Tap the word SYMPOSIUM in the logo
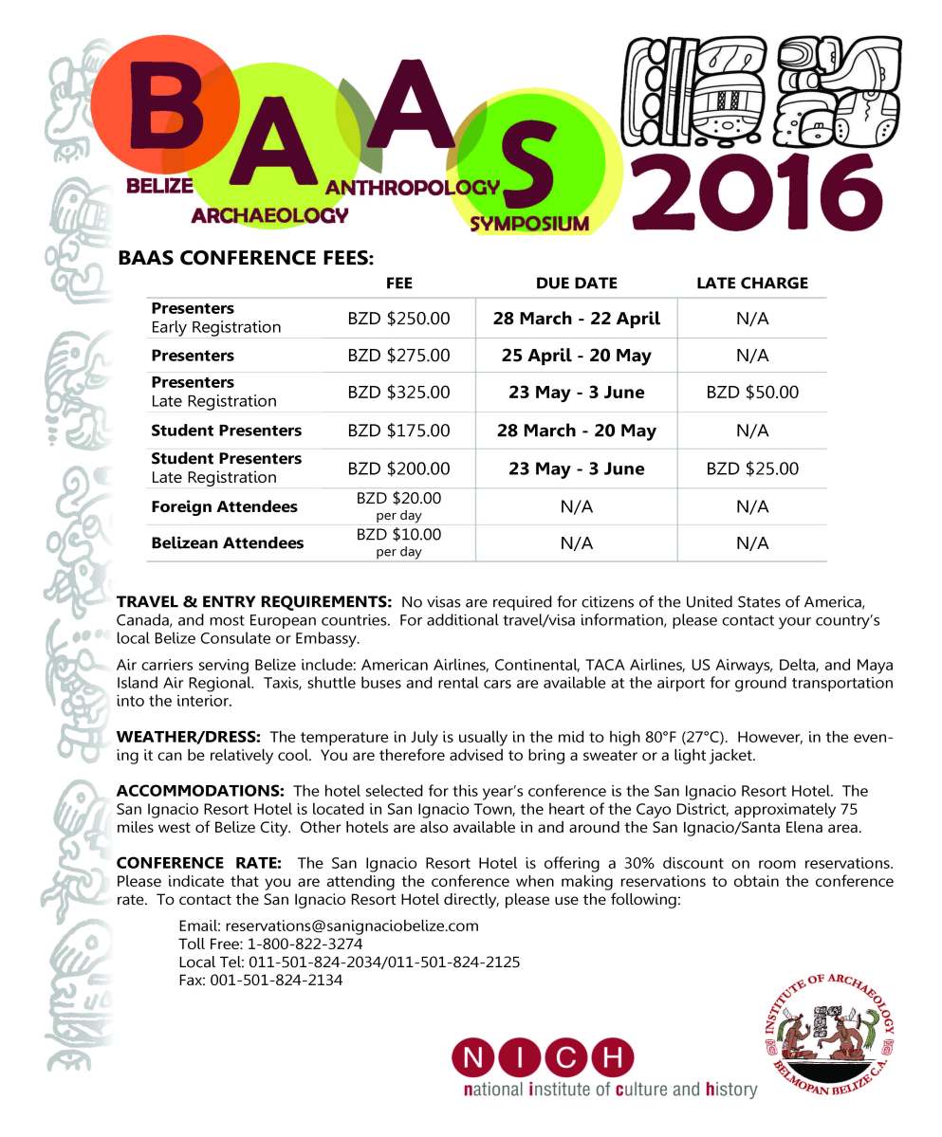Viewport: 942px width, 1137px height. tap(529, 224)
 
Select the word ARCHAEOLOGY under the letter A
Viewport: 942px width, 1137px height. tap(269, 215)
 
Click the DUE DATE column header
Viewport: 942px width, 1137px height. tap(576, 283)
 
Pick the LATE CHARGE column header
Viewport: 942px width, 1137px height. tap(752, 283)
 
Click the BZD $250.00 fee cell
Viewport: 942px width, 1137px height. tap(398, 319)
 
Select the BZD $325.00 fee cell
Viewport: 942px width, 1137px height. tap(398, 392)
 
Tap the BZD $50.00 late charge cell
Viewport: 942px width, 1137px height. tap(752, 392)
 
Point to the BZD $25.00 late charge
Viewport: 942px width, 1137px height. tap(752, 468)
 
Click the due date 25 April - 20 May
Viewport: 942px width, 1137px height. tap(576, 356)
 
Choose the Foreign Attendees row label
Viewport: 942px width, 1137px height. tap(224, 506)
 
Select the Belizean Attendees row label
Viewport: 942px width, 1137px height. tap(228, 543)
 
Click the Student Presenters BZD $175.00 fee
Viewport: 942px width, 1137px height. tap(398, 431)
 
